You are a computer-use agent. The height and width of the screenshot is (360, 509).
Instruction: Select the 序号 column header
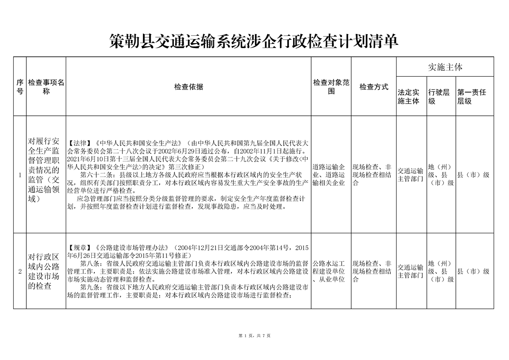tap(20, 87)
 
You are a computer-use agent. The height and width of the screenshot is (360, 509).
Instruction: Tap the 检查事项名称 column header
tap(46, 87)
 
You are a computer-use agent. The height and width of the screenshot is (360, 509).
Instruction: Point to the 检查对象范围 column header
tap(331, 87)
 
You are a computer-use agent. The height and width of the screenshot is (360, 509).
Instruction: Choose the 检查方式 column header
tap(374, 87)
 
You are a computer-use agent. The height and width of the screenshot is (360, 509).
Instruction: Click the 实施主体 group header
tap(445, 67)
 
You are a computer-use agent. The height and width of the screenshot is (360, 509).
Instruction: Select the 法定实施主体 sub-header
tap(411, 97)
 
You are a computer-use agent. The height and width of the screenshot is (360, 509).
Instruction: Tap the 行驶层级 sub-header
tap(440, 97)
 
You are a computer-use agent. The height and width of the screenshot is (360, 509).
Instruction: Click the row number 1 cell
tap(20, 175)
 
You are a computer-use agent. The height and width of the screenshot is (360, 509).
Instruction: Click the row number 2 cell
tap(20, 271)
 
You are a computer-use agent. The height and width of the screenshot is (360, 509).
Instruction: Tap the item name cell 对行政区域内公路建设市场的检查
tap(46, 271)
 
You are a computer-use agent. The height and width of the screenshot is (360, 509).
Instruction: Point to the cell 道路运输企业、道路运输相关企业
tap(331, 175)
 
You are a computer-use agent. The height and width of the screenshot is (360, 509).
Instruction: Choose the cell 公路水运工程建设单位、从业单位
tap(331, 271)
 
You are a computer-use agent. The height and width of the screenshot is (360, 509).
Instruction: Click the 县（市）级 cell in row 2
tap(473, 271)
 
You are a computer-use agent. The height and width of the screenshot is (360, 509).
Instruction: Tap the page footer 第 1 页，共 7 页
tap(254, 335)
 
